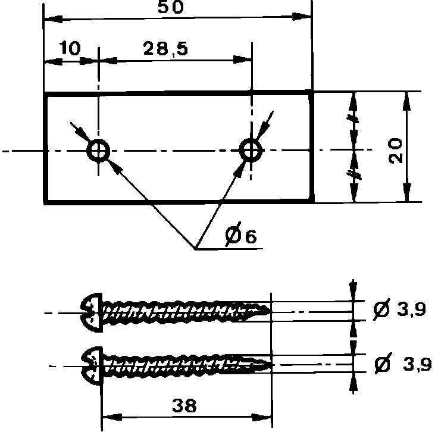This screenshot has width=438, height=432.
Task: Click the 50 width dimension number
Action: (171, 8)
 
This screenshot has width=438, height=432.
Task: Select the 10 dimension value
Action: (70, 49)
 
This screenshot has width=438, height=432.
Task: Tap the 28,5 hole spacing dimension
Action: (165, 49)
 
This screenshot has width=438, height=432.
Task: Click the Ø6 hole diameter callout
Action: (241, 236)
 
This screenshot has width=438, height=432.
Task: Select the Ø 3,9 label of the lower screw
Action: (402, 364)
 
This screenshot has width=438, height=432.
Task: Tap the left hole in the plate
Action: (98, 151)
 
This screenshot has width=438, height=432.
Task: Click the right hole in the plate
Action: (251, 150)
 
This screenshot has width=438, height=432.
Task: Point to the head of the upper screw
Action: (90, 310)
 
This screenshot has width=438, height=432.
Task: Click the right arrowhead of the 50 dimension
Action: (305, 18)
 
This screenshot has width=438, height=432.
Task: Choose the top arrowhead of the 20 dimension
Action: (407, 100)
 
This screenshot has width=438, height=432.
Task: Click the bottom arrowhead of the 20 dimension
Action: (407, 194)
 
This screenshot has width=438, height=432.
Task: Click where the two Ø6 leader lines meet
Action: (196, 249)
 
